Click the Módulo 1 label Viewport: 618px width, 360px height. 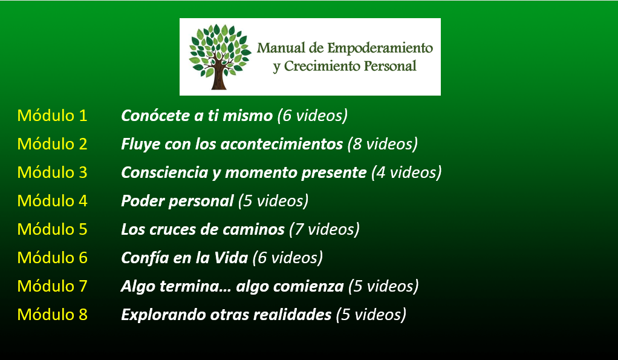(52, 116)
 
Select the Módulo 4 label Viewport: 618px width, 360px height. (52, 201)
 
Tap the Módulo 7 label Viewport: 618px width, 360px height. (52, 286)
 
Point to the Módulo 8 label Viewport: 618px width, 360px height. (52, 314)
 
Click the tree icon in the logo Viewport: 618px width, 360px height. (220, 57)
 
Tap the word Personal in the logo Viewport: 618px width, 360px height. (390, 66)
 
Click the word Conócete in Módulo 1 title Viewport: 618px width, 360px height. (155, 116)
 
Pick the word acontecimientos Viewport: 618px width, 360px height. (282, 144)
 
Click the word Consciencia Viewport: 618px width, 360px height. (164, 172)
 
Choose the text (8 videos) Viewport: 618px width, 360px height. (383, 144)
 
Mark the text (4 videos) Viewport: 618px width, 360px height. (406, 172)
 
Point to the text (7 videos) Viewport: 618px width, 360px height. (324, 229)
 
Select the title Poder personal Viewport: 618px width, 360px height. (177, 201)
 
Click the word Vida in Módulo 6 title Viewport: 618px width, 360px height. (230, 258)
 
